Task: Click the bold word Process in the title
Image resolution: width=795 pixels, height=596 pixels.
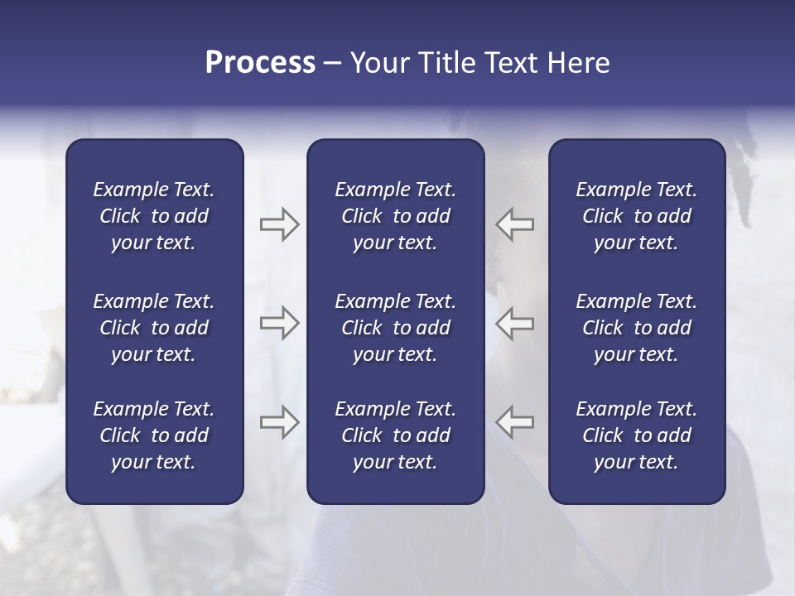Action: [260, 63]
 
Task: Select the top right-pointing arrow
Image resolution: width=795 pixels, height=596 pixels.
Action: [279, 224]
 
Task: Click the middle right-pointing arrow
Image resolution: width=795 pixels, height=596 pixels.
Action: [279, 323]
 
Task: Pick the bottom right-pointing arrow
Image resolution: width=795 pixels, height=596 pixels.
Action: [279, 422]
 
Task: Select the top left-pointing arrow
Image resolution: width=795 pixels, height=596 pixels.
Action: [514, 224]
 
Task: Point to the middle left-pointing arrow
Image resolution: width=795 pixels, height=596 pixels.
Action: [514, 323]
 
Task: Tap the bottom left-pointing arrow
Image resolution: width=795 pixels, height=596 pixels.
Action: [514, 422]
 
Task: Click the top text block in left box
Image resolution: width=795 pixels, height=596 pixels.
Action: [154, 216]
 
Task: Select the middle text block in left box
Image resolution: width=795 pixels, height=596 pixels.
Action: [154, 328]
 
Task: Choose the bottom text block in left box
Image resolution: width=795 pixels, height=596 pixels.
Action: [154, 435]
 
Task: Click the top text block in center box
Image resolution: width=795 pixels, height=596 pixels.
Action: [395, 216]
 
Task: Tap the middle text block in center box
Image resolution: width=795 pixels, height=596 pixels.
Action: [395, 328]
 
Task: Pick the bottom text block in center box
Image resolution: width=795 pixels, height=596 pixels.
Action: [395, 435]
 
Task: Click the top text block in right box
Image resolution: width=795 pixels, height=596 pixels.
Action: [636, 216]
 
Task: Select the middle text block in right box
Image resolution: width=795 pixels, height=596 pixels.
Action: [636, 328]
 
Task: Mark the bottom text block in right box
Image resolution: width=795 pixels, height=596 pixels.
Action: [636, 435]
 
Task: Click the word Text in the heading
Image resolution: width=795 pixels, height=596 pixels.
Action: [509, 63]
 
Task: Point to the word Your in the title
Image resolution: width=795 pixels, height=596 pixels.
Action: [379, 63]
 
